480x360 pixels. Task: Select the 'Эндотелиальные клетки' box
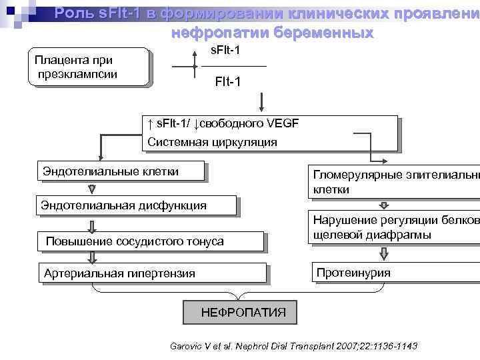click(120, 171)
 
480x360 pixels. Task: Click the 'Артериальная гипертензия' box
click(153, 273)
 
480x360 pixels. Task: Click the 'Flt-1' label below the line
click(228, 82)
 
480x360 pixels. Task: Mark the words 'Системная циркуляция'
click(212, 142)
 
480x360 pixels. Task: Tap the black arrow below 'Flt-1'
click(262, 101)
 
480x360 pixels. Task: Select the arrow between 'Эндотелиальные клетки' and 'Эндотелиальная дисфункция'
click(91, 188)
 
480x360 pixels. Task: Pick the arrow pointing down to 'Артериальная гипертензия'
click(91, 257)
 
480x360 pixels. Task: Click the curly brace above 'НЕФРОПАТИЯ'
click(241, 291)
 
